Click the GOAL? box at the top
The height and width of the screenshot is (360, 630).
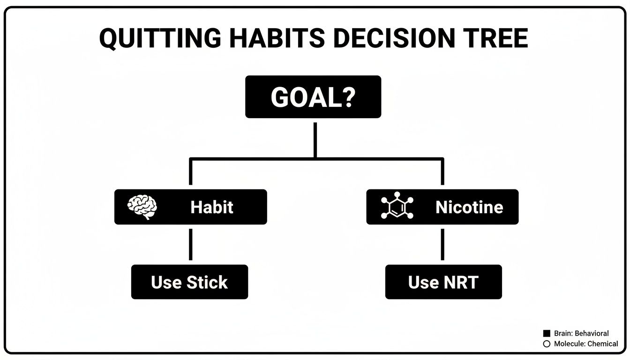coord(313,97)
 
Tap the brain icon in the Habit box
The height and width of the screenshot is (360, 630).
coord(142,207)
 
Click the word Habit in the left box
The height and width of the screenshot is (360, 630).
coord(212,207)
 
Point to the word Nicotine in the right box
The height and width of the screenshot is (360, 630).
coord(469,207)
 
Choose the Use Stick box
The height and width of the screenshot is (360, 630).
coord(189,282)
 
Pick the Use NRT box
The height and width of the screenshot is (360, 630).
coord(443,282)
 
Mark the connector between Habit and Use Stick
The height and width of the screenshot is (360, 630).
coord(190,244)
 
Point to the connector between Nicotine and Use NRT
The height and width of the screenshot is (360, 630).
coord(442,244)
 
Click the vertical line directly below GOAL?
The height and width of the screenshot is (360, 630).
coord(315,139)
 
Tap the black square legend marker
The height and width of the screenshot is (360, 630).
coord(547,334)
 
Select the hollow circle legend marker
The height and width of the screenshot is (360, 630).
coord(547,344)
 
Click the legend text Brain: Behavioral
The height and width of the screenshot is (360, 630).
coord(581,334)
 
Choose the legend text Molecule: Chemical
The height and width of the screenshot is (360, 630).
coord(586,344)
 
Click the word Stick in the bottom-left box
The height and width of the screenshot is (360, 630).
coord(207,282)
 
